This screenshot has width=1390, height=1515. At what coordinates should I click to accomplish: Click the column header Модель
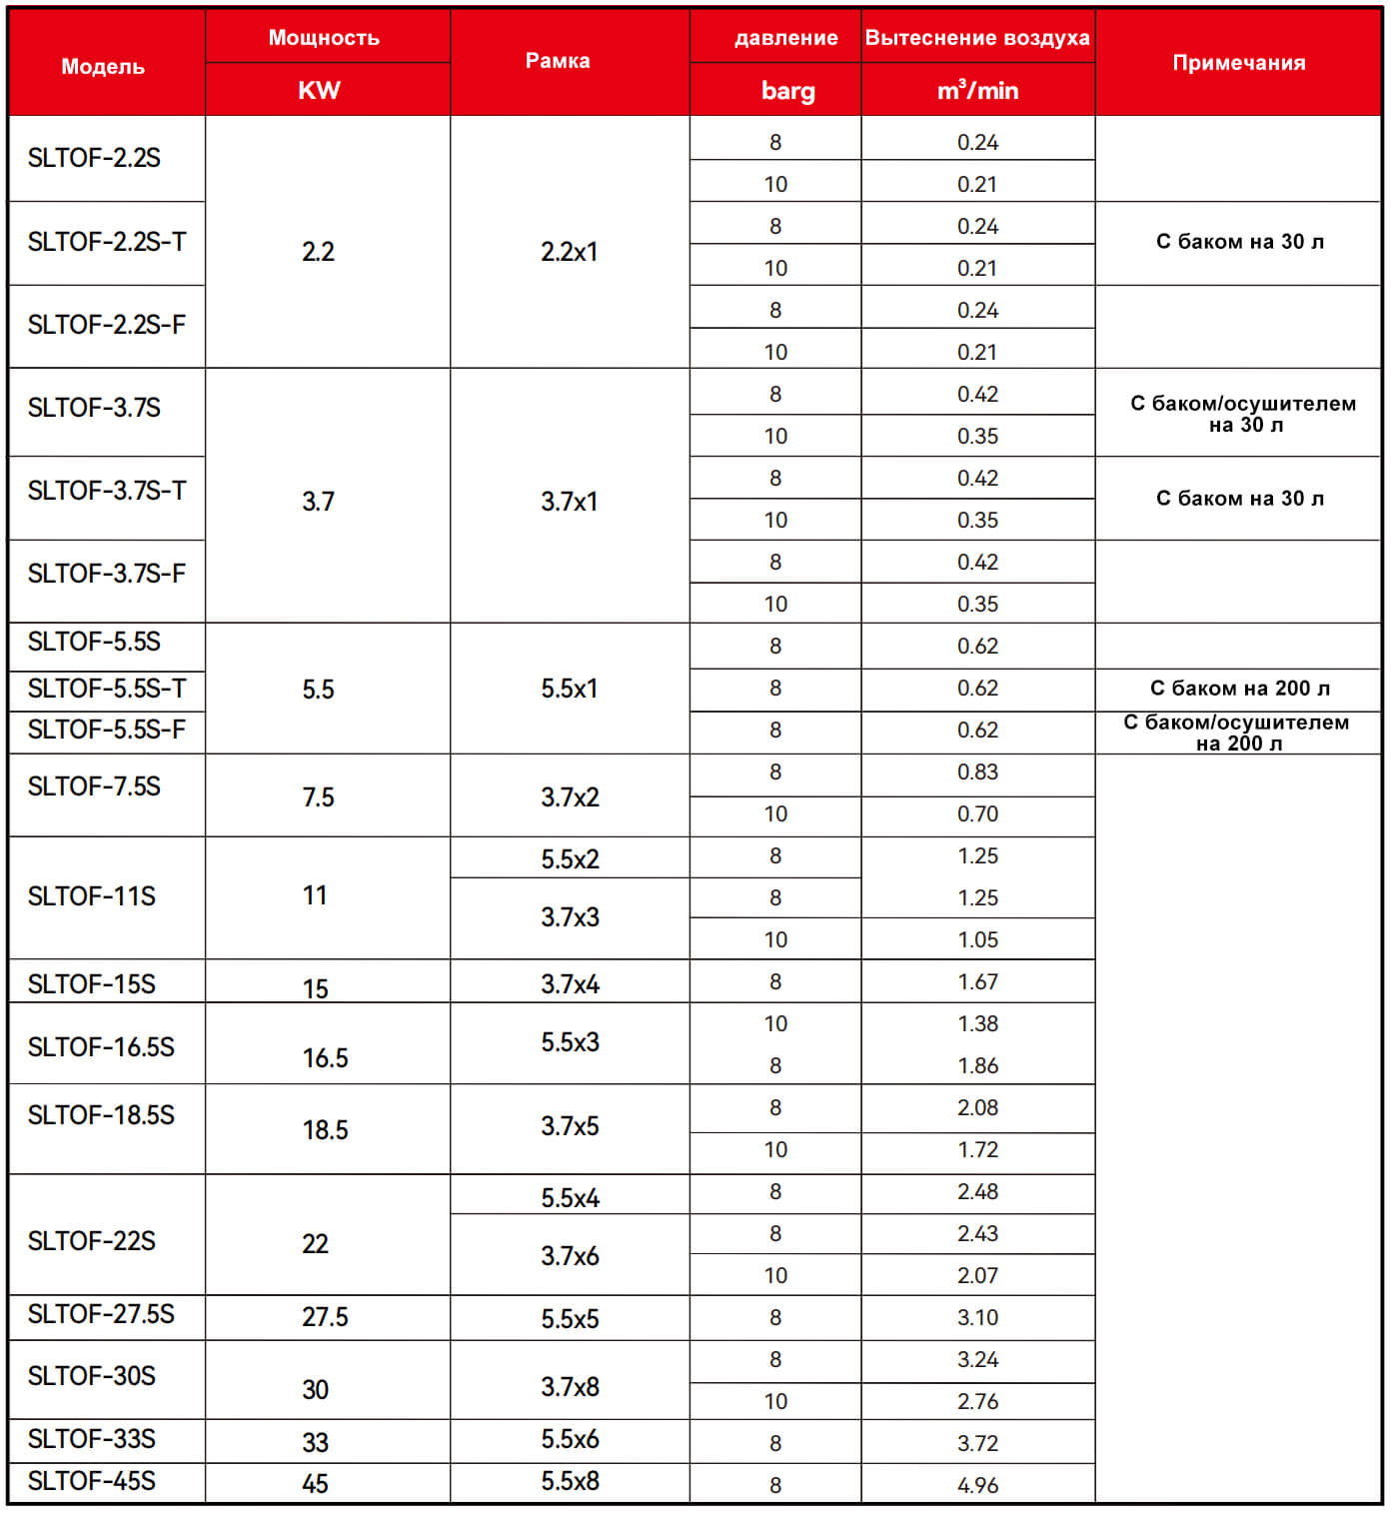(103, 66)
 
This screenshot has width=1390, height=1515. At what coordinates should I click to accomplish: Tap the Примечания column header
(1238, 62)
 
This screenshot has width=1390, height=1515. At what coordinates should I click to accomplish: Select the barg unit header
(787, 91)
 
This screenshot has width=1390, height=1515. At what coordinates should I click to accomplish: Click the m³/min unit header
(977, 91)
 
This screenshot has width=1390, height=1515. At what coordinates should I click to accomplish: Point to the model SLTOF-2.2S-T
(107, 242)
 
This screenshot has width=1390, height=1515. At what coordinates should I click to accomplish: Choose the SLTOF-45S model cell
(92, 1481)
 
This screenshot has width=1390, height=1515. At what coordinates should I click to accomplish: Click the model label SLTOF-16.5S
(101, 1046)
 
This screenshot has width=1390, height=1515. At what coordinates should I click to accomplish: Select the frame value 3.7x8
(570, 1387)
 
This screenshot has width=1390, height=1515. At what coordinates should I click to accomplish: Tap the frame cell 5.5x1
(570, 689)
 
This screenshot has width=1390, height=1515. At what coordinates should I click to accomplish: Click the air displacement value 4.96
(977, 1485)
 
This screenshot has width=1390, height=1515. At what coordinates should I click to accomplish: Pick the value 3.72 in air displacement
(977, 1443)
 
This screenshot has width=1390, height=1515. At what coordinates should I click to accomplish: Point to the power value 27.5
(325, 1317)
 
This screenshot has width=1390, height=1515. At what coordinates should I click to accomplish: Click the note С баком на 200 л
(1239, 688)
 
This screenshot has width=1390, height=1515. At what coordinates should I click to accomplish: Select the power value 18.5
(325, 1130)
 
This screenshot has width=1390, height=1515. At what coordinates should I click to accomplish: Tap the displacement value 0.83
(977, 771)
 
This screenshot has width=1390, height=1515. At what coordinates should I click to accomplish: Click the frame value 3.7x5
(570, 1126)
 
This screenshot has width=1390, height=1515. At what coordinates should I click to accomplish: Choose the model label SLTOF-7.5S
(94, 786)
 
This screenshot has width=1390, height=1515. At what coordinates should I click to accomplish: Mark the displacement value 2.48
(977, 1191)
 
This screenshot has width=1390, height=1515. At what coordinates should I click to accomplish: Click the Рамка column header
(558, 61)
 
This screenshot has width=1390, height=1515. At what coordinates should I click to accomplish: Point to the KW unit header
(319, 91)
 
